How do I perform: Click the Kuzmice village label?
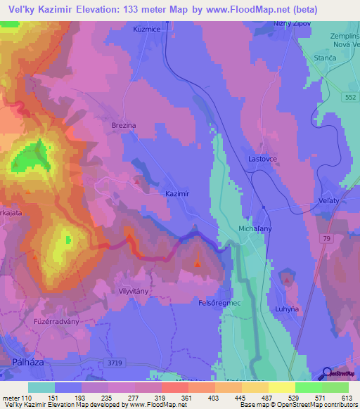(x=148, y=30)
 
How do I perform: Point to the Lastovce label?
(x=264, y=160)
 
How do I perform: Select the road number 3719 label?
(x=117, y=363)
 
